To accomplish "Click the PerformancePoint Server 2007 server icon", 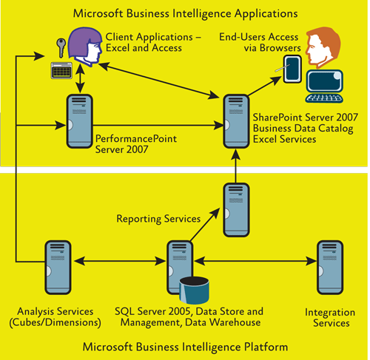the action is click(79, 121).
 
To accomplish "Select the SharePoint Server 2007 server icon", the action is click(236, 121).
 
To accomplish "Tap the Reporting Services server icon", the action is click(236, 210).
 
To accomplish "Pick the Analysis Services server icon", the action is click(58, 268).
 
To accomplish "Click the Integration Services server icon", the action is click(330, 268).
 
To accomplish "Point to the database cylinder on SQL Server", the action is click(194, 290).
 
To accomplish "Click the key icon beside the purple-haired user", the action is click(61, 47).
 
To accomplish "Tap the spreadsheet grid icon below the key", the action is click(61, 70).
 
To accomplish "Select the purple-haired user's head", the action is click(85, 47).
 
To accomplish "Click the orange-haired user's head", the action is click(323, 47).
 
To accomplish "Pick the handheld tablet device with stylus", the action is click(292, 69).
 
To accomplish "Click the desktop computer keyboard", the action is click(324, 98).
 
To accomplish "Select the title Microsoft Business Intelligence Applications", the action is click(185, 13).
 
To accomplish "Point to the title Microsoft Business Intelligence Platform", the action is click(185, 347).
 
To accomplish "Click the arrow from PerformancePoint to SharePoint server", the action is click(158, 125).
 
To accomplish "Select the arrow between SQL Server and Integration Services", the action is click(255, 261).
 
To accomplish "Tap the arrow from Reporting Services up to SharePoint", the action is click(236, 166).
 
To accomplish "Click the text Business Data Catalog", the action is click(303, 129).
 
